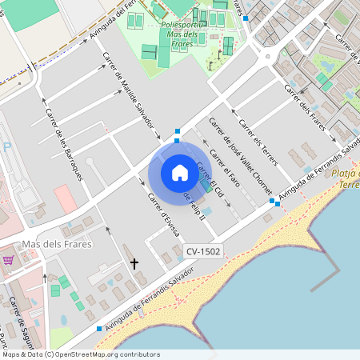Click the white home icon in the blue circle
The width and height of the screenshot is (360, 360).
pos(180,172)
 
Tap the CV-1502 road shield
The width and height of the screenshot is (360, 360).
pos(203,251)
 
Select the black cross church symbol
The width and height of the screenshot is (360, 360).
pos(134,262)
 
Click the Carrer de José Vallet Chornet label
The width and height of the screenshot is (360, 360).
pos(239,153)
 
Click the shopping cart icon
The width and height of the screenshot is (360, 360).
pos(8,260)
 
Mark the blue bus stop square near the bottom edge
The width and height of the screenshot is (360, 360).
pos(99,329)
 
